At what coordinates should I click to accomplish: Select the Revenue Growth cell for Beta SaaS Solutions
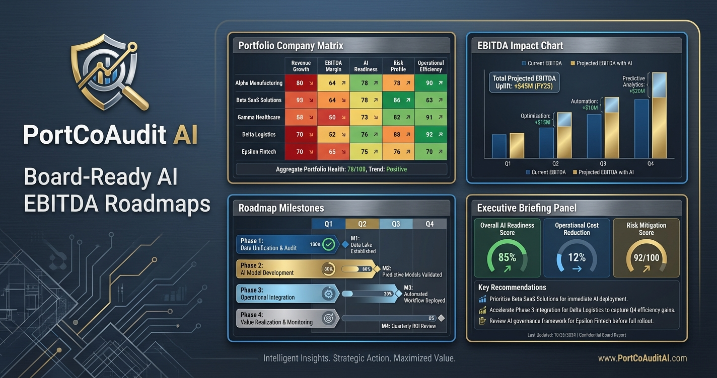tap(301, 100)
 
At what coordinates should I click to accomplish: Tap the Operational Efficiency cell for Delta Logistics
tap(431, 134)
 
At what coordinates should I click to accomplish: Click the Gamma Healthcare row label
tap(258, 117)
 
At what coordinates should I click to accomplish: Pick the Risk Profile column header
tap(398, 66)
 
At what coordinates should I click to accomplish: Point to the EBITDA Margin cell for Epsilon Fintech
tap(333, 151)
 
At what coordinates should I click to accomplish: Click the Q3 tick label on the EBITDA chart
tap(603, 163)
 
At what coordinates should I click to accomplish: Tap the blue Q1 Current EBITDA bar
tap(498, 146)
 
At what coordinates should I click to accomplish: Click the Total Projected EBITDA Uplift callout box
tap(525, 82)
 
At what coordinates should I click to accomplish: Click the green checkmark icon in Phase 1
tap(329, 244)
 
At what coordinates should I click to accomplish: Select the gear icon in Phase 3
tap(329, 294)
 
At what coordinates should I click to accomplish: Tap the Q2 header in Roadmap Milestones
tap(362, 224)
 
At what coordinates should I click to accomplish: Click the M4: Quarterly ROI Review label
tap(409, 326)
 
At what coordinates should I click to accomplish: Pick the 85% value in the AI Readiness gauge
tap(507, 257)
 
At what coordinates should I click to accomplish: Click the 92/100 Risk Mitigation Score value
tap(646, 257)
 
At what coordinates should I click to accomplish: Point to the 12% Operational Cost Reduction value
tap(577, 257)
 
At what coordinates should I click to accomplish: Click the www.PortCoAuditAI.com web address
tap(642, 358)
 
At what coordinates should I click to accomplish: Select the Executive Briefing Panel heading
tap(527, 208)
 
